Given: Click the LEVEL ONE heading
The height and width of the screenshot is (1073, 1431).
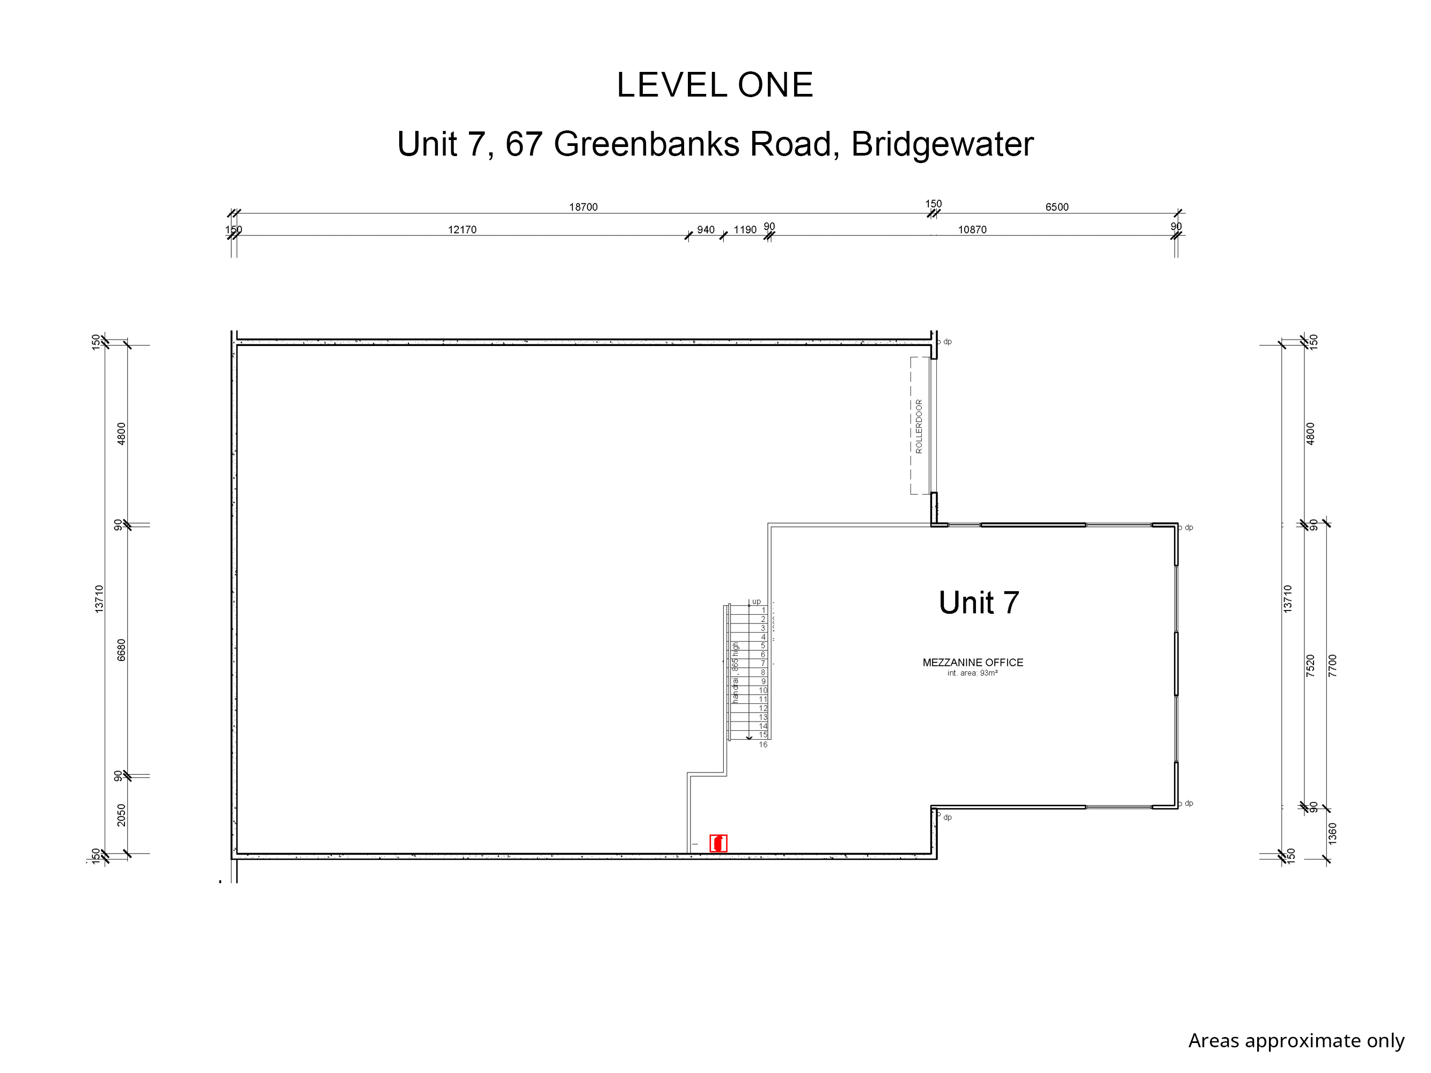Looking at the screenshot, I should [714, 85].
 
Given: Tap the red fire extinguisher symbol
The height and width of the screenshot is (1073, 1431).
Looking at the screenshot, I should [718, 843].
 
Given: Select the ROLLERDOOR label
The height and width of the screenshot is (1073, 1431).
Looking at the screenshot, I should [919, 426].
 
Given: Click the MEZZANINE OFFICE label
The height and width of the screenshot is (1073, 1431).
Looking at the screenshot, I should [972, 662].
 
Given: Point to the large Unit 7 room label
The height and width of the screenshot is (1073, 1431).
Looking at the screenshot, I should [978, 603].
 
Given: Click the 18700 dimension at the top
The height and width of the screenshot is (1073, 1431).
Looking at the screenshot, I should [583, 207].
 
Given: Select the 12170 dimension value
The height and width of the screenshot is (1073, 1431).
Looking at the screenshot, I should [462, 230].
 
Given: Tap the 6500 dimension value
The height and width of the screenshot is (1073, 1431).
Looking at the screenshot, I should [1056, 207].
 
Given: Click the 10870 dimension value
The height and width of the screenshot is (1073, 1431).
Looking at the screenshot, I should [972, 230].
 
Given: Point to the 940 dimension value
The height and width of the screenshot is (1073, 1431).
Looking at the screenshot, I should [705, 230].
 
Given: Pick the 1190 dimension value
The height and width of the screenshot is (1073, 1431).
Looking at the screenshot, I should [745, 230].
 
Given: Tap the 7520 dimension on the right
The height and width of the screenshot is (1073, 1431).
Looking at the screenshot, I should [1310, 666].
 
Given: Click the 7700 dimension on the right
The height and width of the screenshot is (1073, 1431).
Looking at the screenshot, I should [1332, 666].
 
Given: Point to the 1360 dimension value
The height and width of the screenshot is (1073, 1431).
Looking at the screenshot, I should [1332, 834].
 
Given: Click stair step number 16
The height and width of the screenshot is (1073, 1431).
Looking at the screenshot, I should [763, 745].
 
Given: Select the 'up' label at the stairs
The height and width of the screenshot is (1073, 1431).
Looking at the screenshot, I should [756, 601].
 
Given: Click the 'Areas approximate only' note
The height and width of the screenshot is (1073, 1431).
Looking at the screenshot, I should [1296, 1041].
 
